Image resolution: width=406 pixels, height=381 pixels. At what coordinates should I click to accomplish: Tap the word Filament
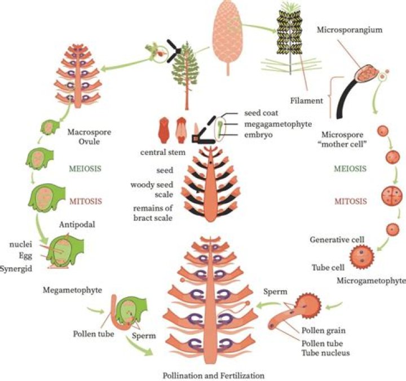pyautogui.click(x=308, y=101)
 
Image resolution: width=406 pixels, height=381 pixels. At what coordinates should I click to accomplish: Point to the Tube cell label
pyautogui.click(x=325, y=266)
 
